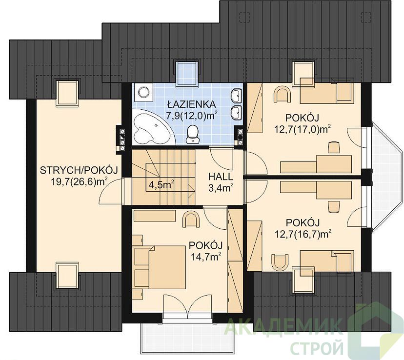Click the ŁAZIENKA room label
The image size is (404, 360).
point(191,104)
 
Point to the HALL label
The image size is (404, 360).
point(221,177)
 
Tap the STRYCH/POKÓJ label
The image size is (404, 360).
point(79,170)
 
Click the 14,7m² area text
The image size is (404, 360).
point(206,256)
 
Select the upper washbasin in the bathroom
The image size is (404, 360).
point(237,95)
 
